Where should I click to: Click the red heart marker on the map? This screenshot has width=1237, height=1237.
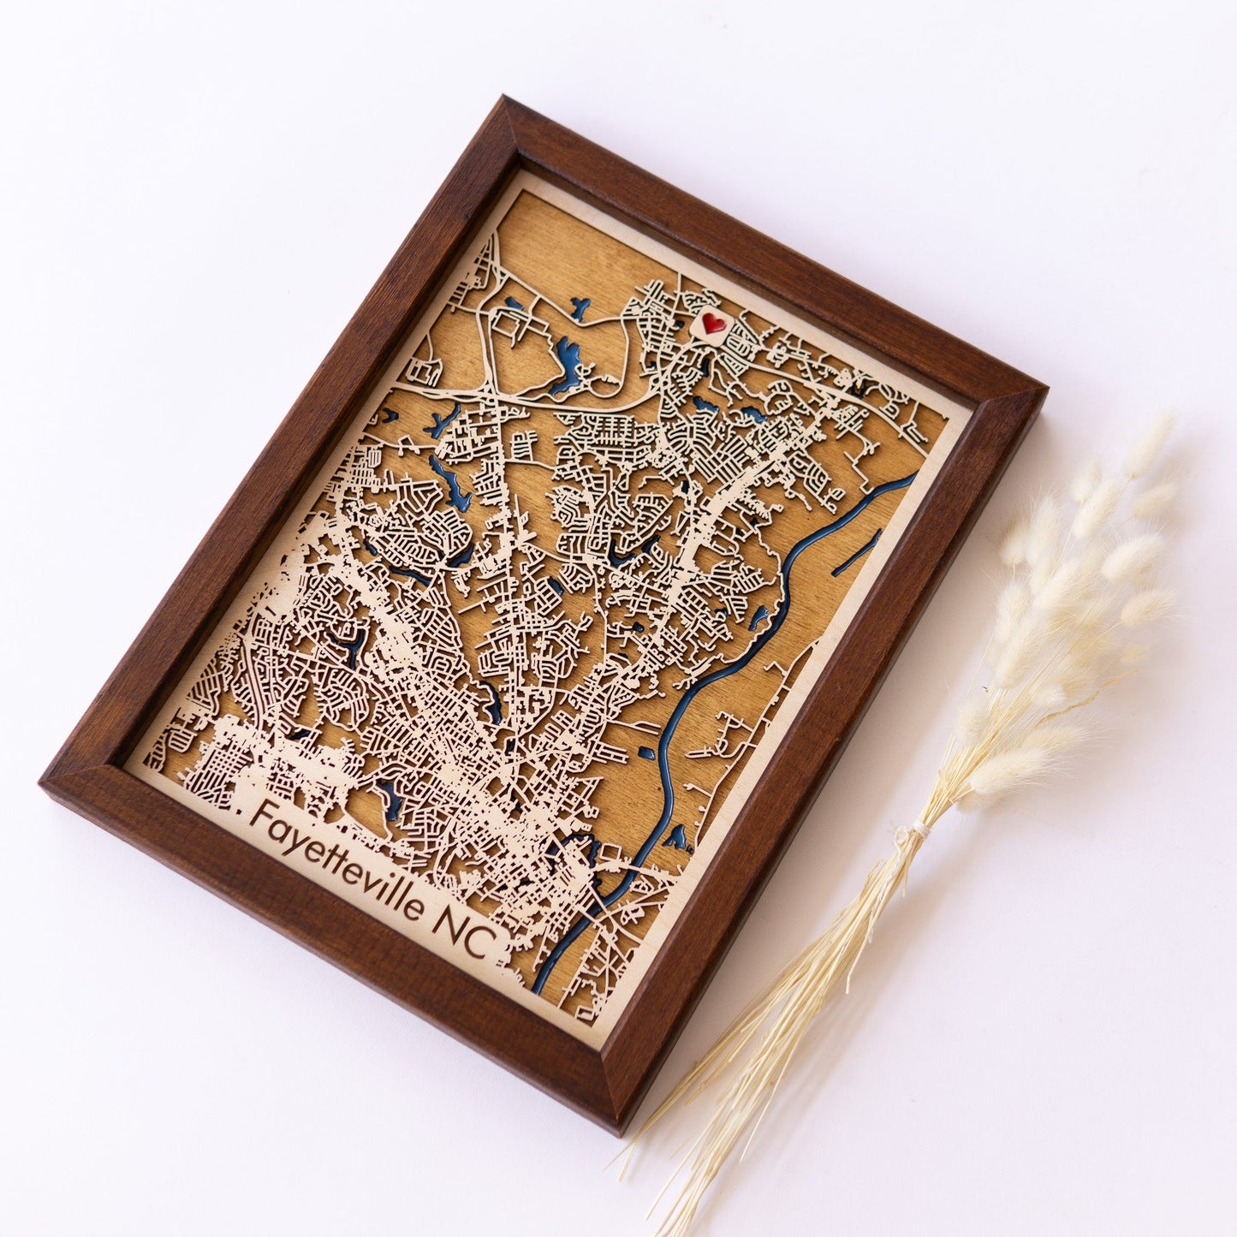(712, 323)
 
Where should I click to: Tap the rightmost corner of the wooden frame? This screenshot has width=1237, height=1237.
(1045, 390)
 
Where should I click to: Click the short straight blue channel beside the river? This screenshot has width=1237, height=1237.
(857, 553)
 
